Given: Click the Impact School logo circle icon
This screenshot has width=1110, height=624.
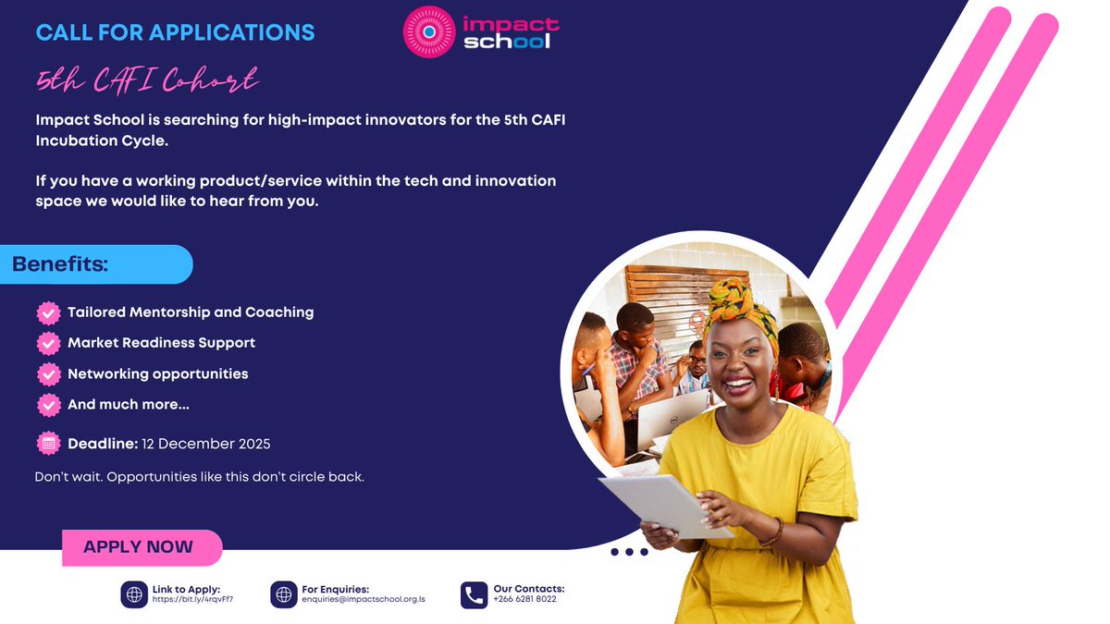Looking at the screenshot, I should pyautogui.click(x=428, y=31).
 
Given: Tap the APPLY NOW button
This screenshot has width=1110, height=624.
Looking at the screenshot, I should pyautogui.click(x=139, y=547).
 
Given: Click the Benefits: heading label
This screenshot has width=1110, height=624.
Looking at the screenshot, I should pyautogui.click(x=61, y=264).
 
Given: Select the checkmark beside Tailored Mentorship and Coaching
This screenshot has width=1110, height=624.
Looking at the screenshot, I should pyautogui.click(x=48, y=312).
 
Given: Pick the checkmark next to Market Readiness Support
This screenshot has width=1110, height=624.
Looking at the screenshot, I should pyautogui.click(x=48, y=343).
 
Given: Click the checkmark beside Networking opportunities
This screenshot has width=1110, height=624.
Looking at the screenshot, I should pyautogui.click(x=48, y=374).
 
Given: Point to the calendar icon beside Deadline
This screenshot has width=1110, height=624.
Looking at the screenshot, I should pyautogui.click(x=48, y=444).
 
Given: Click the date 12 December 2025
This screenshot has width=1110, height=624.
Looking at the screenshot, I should pyautogui.click(x=205, y=444).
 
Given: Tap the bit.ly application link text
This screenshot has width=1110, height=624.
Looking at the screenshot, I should pyautogui.click(x=192, y=599).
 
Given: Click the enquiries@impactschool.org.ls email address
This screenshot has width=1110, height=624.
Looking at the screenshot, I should pyautogui.click(x=363, y=599).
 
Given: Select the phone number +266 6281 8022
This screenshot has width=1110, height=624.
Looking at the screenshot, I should pyautogui.click(x=524, y=599).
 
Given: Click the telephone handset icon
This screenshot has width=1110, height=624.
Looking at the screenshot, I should pyautogui.click(x=474, y=594).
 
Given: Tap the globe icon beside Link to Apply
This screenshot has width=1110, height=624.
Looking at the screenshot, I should pyautogui.click(x=134, y=594).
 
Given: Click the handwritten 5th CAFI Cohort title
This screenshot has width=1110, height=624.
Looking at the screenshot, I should pyautogui.click(x=147, y=81).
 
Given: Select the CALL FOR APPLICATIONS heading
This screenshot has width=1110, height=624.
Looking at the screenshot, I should pyautogui.click(x=175, y=32).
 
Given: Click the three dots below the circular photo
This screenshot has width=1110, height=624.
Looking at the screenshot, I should pyautogui.click(x=629, y=552).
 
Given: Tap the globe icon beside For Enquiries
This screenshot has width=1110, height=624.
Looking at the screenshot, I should pyautogui.click(x=284, y=594).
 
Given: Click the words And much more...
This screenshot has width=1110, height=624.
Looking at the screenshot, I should pyautogui.click(x=128, y=405).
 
